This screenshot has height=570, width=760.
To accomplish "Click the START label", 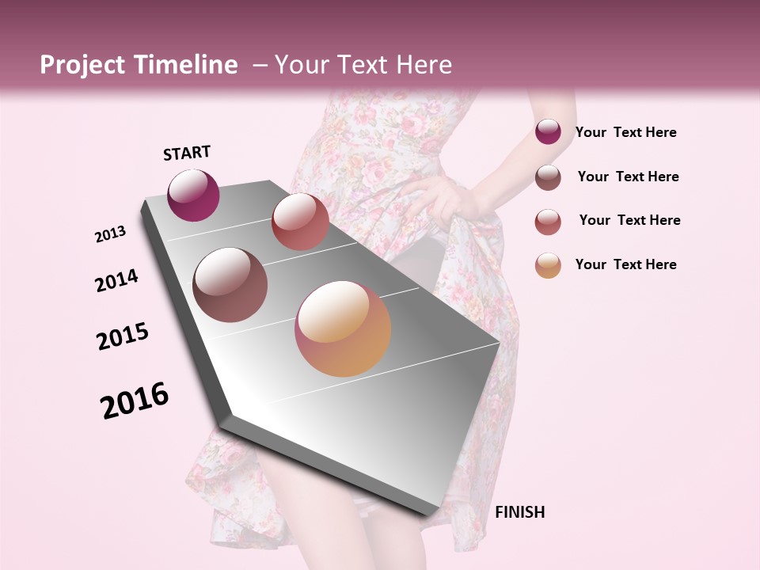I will [x=187, y=153].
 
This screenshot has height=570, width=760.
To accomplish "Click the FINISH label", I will [x=519, y=512].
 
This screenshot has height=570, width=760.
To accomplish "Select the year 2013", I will [x=110, y=234].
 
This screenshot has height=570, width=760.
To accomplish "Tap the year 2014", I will [x=116, y=280].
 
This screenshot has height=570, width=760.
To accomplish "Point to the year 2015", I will [x=123, y=337].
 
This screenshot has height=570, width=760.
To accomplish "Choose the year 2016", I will [x=135, y=401].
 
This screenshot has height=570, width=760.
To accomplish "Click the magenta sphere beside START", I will [x=193, y=195].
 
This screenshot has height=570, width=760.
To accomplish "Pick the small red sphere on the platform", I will [x=300, y=222].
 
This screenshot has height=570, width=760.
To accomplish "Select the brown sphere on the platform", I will [x=230, y=285].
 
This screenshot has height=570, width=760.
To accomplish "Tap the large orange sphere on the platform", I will [x=343, y=329].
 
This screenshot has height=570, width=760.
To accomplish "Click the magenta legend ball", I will [x=548, y=132].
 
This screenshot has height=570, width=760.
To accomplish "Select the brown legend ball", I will [x=548, y=177].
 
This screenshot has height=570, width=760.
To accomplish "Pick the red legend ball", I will [x=548, y=222].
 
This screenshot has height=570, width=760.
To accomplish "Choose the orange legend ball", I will [x=548, y=265].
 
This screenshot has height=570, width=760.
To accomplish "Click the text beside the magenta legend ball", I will [x=625, y=133].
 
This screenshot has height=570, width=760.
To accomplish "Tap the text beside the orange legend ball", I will [x=625, y=264].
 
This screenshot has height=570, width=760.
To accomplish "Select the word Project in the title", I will [x=82, y=65].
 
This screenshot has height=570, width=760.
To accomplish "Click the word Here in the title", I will [x=423, y=65].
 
